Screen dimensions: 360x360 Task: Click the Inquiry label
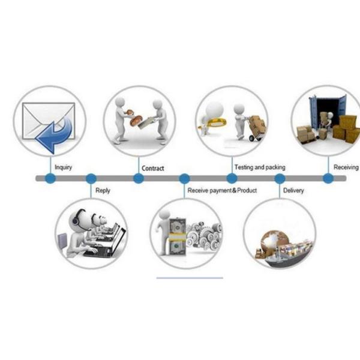(63, 167)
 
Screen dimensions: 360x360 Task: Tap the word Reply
(103, 191)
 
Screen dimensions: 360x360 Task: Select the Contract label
(152, 169)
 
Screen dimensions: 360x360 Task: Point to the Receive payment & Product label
(222, 190)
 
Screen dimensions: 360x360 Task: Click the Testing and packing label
(259, 167)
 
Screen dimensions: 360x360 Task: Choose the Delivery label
(293, 191)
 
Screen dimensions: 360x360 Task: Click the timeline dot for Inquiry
(50, 178)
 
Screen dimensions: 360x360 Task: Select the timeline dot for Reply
(91, 178)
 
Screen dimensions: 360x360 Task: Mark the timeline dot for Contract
(139, 178)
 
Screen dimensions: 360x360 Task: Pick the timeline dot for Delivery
(280, 178)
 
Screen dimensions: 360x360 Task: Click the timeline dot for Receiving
(328, 178)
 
